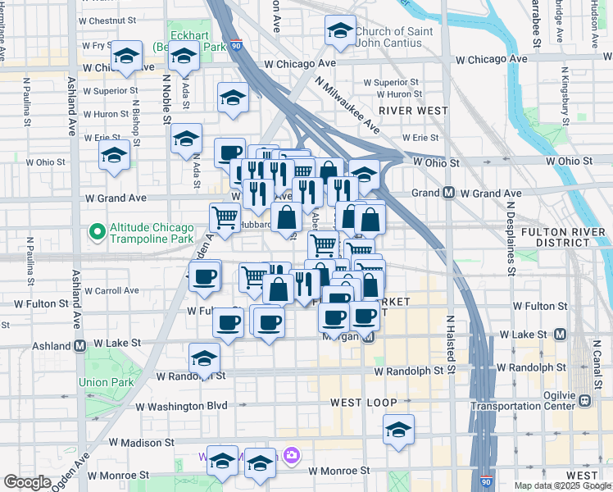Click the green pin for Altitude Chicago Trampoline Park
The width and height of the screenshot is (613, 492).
[x=98, y=233]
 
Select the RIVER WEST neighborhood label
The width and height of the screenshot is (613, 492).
[x=412, y=111]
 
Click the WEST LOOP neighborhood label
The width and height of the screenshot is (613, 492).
[x=364, y=403]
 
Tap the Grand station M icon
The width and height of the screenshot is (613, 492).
[x=449, y=194]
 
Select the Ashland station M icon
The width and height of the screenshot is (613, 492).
[x=80, y=346]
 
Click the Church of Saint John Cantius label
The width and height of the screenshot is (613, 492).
[x=388, y=38]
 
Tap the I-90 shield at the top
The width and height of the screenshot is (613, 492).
[x=236, y=47]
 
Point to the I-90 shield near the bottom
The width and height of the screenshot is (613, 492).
[x=486, y=482]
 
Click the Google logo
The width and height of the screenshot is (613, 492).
[x=26, y=482]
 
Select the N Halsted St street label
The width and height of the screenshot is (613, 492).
[x=450, y=344]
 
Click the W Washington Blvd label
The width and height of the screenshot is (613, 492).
[x=181, y=406]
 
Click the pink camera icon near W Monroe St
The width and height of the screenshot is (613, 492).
[x=291, y=454]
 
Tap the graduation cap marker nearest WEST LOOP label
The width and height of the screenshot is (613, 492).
[x=398, y=430]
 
